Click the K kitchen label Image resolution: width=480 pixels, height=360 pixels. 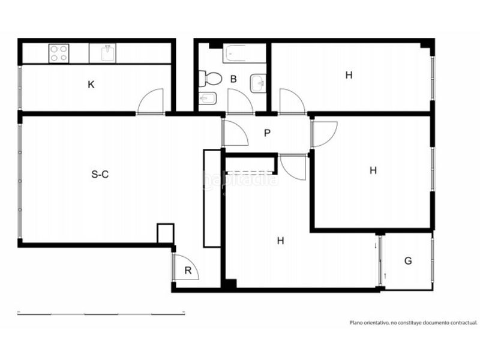pos(91,85)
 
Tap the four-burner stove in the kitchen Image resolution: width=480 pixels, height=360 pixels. pos(59,53)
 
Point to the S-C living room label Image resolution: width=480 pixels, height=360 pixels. pos(100,175)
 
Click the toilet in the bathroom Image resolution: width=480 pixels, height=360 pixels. pos(210,79)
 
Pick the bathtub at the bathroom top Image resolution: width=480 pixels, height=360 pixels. pos(244,53)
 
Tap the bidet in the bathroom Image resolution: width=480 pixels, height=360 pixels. pos(208,98)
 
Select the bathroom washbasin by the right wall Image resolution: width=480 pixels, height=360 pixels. pos(258,83)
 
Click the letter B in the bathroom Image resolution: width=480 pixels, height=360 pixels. pos(233,79)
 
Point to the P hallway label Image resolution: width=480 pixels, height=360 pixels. pos(267,133)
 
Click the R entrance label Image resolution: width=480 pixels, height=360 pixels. pos(188,271)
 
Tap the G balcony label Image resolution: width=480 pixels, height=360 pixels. pos(408,261)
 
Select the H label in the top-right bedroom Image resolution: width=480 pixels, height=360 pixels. pos(349,75)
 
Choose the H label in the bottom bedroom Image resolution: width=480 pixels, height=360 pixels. pos(280,241)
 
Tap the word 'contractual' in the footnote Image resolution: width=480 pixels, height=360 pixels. pos(465,322)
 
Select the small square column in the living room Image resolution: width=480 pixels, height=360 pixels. pos(166,233)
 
